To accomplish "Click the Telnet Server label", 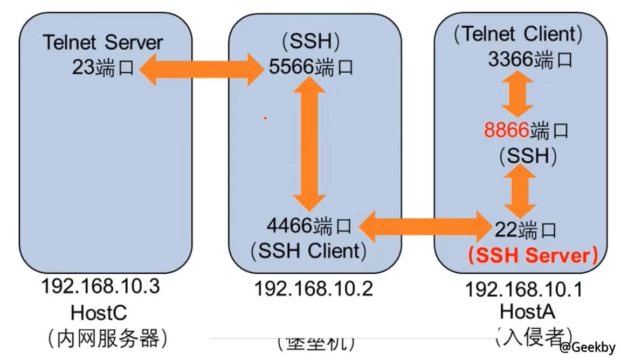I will (x=102, y=43).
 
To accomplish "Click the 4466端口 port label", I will (x=309, y=225).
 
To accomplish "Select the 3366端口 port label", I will (x=529, y=59).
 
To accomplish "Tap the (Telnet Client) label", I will (x=518, y=34).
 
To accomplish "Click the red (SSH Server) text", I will (x=533, y=255).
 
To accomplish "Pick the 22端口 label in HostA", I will (x=526, y=231).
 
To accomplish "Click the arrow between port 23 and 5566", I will (x=202, y=69).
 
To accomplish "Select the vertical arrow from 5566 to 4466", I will (x=309, y=143).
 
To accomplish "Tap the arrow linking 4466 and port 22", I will (x=422, y=226).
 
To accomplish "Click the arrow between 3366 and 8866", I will (x=517, y=94).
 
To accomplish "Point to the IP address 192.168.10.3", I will (x=101, y=286).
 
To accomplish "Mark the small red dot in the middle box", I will (x=265, y=118).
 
